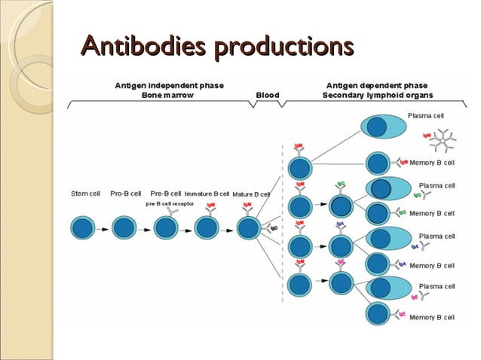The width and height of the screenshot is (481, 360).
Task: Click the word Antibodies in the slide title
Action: click(x=143, y=47)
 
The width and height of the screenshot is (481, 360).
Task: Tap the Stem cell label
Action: click(x=84, y=194)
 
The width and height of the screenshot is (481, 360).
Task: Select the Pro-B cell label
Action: click(x=126, y=194)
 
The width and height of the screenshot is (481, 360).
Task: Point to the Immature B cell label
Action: click(x=207, y=194)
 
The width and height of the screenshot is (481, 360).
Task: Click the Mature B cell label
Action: click(x=251, y=194)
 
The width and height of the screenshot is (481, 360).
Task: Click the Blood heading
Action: click(x=267, y=96)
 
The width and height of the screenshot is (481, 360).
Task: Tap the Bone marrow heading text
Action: click(x=168, y=96)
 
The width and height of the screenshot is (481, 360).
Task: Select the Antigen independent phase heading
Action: click(x=168, y=86)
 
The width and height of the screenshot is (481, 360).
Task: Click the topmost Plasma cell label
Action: click(x=426, y=117)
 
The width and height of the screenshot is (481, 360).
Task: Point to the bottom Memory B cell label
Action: click(x=432, y=318)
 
